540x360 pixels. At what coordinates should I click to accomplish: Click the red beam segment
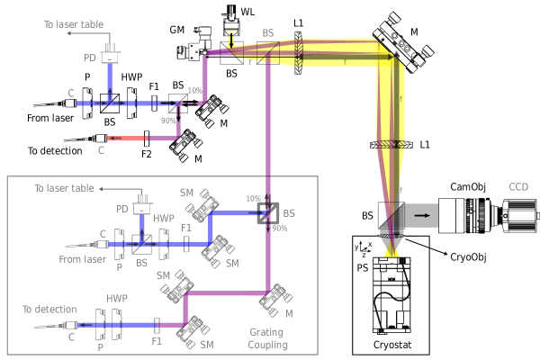click(126, 139)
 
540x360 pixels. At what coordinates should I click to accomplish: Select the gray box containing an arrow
click(421, 215)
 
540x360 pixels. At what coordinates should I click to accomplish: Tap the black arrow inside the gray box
click(421, 215)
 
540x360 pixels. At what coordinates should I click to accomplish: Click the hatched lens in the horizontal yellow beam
click(298, 52)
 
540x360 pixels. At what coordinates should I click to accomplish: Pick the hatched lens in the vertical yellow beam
click(391, 144)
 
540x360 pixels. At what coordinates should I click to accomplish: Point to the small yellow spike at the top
click(231, 36)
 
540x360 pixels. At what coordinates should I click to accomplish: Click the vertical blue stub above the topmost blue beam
click(110, 79)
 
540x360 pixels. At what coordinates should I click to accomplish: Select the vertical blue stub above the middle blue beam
click(142, 227)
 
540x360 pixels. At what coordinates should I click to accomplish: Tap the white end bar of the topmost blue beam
click(76, 103)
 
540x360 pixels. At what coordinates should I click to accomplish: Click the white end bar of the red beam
click(106, 139)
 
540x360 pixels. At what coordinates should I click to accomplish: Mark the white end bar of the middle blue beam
click(107, 244)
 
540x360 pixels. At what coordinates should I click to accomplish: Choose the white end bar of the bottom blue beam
click(76, 325)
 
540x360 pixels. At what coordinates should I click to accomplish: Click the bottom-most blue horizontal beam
click(117, 325)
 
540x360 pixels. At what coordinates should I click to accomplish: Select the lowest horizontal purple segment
click(225, 293)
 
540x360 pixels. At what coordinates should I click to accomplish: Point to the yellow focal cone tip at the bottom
click(391, 251)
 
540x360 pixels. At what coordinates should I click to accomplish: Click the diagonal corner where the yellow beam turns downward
click(390, 53)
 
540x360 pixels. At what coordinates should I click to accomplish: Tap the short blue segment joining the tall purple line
click(238, 213)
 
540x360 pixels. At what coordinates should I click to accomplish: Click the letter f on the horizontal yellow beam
click(344, 61)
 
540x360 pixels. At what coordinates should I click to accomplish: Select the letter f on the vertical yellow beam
click(400, 98)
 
